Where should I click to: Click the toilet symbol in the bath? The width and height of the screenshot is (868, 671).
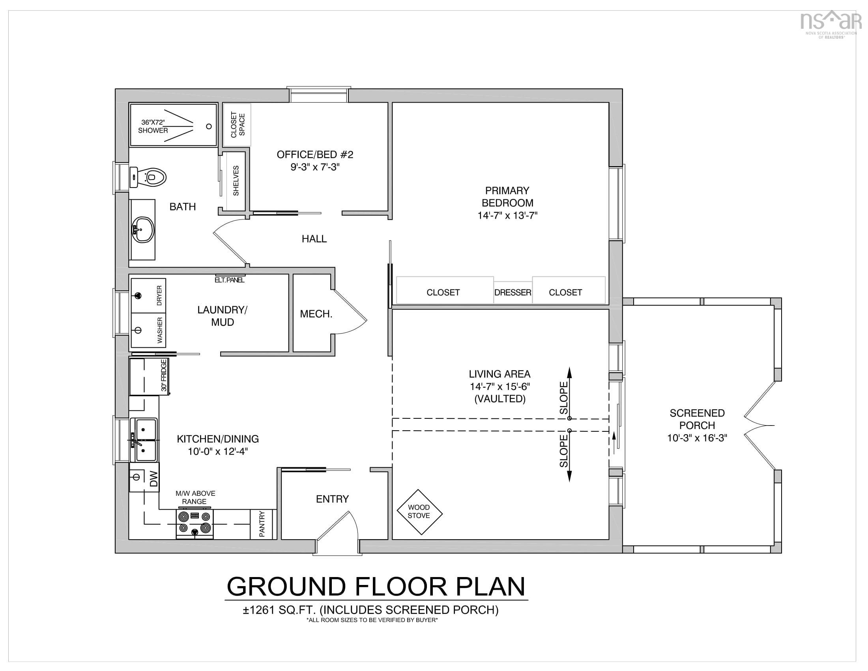[x=148, y=177]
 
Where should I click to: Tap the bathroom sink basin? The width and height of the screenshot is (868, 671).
[x=143, y=229]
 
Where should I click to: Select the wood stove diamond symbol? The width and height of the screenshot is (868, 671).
[x=420, y=512]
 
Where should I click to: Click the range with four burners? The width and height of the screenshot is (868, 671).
[x=195, y=524]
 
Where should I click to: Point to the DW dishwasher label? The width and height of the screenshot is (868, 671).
[x=154, y=479]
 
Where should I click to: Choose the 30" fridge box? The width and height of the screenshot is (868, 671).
[x=150, y=376]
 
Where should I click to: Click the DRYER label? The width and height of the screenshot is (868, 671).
[x=159, y=295]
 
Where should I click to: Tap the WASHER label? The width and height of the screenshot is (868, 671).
[x=160, y=330]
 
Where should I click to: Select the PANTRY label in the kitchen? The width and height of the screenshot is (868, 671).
[x=262, y=524]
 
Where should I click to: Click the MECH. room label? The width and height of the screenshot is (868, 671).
[x=316, y=314]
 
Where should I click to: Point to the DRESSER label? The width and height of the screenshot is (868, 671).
[x=513, y=292]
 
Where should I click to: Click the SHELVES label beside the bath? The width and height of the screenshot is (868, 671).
[x=236, y=180]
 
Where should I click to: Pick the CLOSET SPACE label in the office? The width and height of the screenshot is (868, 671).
[x=238, y=124]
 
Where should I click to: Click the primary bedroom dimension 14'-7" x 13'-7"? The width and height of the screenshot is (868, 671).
[x=507, y=216]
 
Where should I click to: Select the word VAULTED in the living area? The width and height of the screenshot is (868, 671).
[x=500, y=399]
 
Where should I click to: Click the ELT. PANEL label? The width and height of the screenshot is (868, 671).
[x=230, y=280]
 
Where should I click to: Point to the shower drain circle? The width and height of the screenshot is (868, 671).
[x=209, y=126]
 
